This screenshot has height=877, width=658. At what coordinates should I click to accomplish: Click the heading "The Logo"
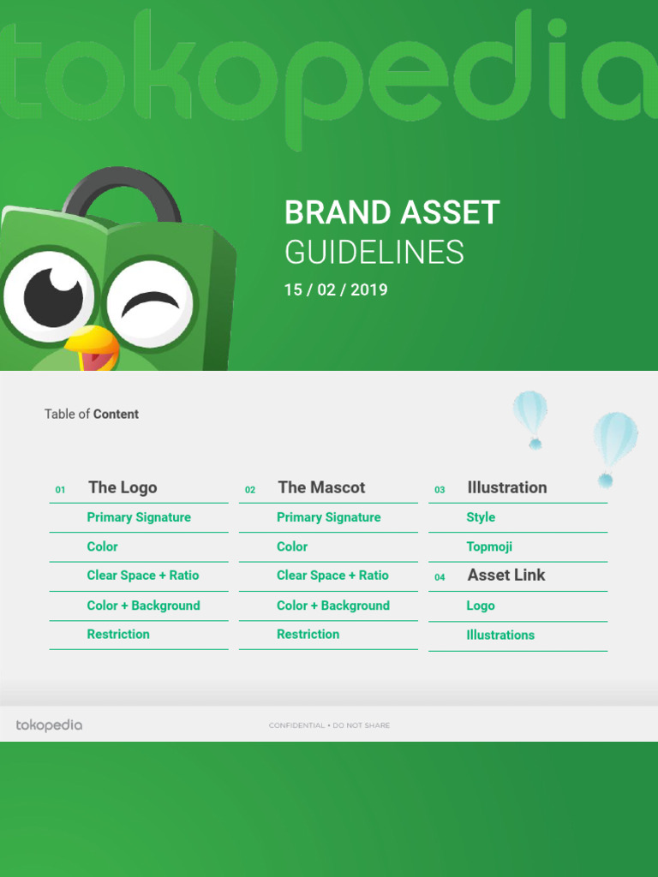(123, 488)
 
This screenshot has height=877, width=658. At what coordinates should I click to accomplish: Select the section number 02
(250, 490)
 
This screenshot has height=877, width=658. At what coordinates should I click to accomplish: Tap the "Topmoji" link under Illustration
(489, 546)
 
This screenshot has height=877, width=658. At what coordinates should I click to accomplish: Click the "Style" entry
(481, 517)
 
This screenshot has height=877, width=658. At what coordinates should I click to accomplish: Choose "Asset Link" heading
(506, 576)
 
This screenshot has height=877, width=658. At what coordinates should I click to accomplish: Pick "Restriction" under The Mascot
(308, 635)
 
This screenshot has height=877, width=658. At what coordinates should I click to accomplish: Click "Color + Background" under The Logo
(143, 606)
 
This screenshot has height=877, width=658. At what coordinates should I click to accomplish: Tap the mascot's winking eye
(151, 302)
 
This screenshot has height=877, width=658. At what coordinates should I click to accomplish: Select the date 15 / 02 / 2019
(336, 290)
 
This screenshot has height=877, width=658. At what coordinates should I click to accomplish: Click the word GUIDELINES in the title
(374, 253)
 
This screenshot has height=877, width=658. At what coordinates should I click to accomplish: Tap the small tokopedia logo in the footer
(49, 725)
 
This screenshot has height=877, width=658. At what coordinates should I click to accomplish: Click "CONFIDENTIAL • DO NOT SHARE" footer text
(329, 725)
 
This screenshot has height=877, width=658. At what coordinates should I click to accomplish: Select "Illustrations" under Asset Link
(500, 635)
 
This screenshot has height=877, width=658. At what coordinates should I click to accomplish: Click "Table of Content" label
(92, 415)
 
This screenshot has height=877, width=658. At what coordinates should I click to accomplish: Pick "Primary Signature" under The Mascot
(328, 517)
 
